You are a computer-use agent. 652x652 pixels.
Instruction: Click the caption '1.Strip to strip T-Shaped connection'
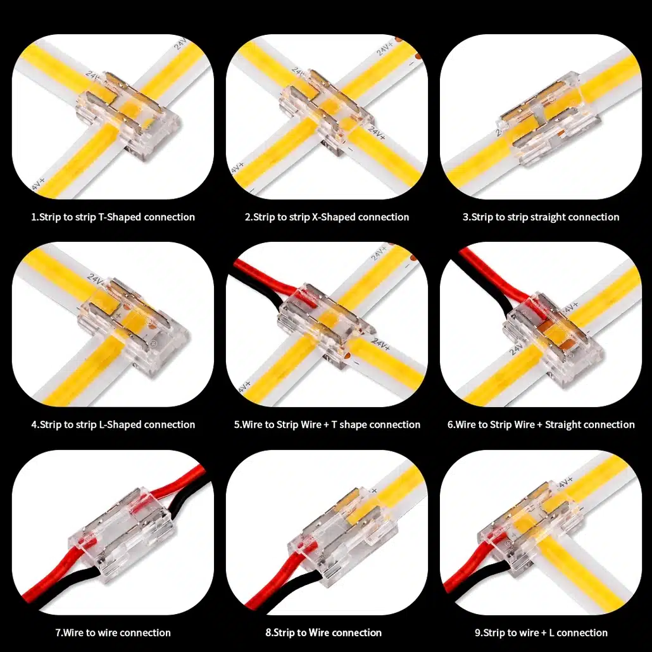click(113, 217)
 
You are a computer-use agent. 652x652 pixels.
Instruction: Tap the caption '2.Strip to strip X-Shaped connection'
click(327, 217)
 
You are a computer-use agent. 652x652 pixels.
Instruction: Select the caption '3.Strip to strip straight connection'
click(541, 217)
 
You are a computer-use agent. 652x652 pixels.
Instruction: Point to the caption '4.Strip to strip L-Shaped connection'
click(113, 425)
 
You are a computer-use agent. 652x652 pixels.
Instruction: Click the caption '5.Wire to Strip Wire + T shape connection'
click(327, 425)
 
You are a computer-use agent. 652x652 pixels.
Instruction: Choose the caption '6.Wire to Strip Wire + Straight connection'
click(541, 425)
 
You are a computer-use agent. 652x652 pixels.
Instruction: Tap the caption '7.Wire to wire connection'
click(113, 633)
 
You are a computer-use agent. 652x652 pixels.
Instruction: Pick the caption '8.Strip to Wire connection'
click(323, 633)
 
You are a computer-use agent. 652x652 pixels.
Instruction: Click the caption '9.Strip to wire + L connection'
click(541, 633)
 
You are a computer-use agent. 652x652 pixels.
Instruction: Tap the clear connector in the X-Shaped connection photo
click(326, 113)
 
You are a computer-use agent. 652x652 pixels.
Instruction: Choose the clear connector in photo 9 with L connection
click(528, 528)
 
